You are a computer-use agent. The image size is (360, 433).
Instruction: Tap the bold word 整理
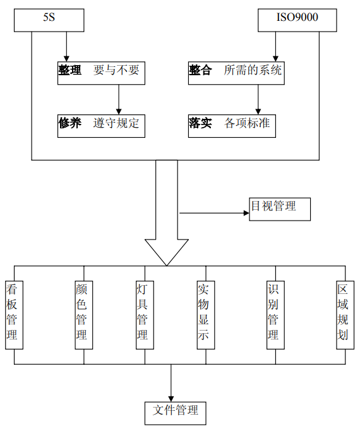click(x=70, y=71)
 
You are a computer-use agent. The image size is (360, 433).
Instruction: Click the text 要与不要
click(x=116, y=71)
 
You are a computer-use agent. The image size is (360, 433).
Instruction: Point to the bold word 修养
click(x=70, y=123)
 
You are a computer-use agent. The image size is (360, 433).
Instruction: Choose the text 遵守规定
click(x=116, y=123)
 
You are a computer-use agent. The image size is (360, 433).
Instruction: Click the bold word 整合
click(x=200, y=71)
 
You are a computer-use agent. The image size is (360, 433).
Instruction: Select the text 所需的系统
click(x=253, y=71)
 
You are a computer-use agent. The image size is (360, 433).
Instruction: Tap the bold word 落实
click(x=200, y=123)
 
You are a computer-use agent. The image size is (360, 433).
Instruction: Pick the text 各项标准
click(x=248, y=123)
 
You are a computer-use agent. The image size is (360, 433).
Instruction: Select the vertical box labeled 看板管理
click(x=14, y=314)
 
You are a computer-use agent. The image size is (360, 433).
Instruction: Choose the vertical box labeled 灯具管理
click(x=144, y=314)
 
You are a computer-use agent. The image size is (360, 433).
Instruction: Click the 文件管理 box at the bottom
click(x=175, y=412)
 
